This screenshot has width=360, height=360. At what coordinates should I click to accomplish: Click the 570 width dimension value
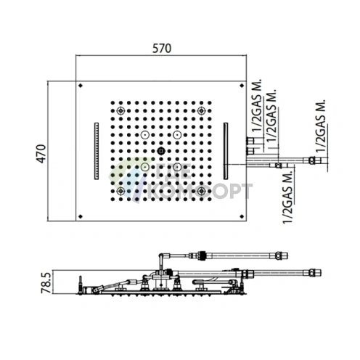click(162, 49)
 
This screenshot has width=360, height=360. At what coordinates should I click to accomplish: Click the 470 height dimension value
click(41, 154)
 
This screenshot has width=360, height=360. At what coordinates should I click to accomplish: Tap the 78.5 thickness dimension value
click(46, 283)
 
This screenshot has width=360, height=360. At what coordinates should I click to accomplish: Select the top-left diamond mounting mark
click(81, 86)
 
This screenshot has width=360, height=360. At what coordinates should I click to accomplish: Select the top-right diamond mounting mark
click(242, 86)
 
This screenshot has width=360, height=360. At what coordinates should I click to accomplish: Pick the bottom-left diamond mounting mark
click(81, 216)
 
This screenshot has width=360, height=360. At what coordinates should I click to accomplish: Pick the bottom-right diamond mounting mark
click(242, 216)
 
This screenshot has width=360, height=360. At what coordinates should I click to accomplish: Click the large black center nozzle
click(161, 151)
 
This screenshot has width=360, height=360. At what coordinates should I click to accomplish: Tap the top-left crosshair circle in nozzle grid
click(120, 111)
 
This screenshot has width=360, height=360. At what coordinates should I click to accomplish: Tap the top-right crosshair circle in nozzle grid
click(201, 111)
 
